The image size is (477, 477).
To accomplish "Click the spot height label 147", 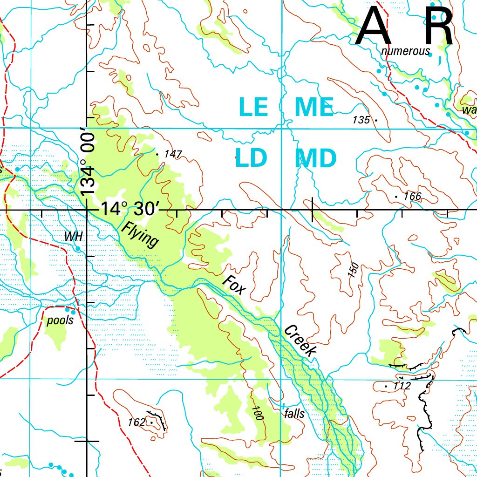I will (x=173, y=154).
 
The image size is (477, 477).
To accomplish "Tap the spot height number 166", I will (x=412, y=197).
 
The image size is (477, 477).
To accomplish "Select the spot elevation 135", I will (x=361, y=120).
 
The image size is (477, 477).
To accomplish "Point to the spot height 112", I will (x=402, y=386).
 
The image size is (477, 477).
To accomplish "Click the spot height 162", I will (x=136, y=422).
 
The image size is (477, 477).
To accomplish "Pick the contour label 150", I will (x=354, y=271).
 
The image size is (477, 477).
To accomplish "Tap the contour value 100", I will (x=257, y=413).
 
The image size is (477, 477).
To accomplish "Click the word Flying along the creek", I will (x=140, y=235).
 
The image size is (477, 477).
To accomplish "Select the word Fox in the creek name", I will (x=233, y=285).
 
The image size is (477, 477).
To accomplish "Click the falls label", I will (x=294, y=414).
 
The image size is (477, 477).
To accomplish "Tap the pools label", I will (x=60, y=321).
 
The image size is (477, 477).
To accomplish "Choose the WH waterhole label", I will (x=73, y=236).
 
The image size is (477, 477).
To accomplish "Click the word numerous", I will (x=405, y=51).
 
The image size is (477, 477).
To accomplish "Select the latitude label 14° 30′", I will (x=130, y=209).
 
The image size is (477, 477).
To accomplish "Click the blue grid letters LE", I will (x=253, y=107).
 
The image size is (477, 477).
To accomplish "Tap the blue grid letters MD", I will (x=315, y=159).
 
